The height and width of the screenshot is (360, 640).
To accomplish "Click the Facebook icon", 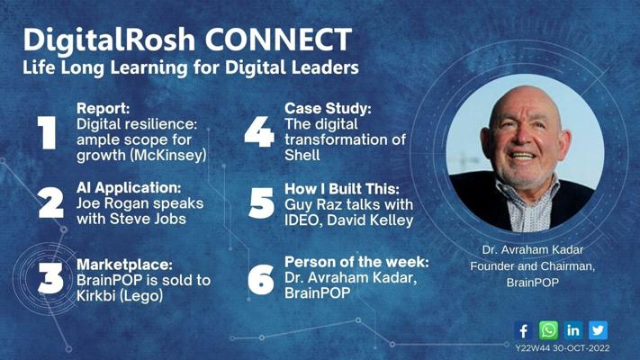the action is click(523, 330).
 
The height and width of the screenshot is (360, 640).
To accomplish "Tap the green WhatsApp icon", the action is click(548, 330).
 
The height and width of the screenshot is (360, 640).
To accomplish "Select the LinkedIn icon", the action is click(573, 330).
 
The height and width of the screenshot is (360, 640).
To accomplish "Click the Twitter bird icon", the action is click(598, 330).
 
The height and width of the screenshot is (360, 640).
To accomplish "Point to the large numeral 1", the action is click(47, 132).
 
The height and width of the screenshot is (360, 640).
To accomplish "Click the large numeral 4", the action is click(259, 131).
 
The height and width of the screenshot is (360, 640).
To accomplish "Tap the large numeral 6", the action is click(261, 280).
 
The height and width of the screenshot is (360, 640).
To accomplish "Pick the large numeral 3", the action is click(50, 278).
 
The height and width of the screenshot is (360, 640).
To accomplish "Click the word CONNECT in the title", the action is click(278, 40).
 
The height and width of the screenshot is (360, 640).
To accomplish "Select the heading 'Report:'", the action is click(103, 108).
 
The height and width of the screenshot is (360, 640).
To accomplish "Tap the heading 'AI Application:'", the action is click(129, 188).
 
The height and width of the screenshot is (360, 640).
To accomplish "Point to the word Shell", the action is click(302, 155).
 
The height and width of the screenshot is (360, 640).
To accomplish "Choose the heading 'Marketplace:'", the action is click(124, 265).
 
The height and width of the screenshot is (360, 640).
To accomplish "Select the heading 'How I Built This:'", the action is click(342, 189).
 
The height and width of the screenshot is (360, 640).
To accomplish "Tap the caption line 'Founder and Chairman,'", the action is click(532, 266).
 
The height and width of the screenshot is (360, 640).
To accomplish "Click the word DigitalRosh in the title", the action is click(109, 40).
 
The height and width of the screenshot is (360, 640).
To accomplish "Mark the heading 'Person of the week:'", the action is click(356, 262).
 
